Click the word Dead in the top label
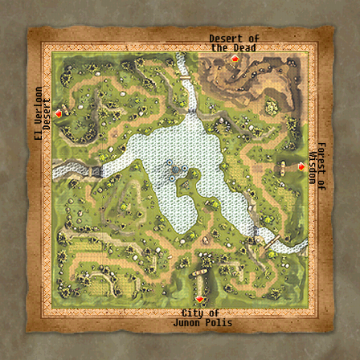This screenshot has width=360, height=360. click(244, 47)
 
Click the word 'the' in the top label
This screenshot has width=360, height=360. click(220, 47)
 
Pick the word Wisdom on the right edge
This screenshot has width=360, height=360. click(313, 165)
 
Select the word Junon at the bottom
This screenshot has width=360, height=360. click(187, 322)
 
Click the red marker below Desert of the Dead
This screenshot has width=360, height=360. click(235, 59)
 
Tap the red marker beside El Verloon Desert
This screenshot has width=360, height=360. click(58, 114)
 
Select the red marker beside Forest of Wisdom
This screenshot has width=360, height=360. click(301, 166)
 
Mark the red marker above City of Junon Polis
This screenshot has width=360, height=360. click(199, 299)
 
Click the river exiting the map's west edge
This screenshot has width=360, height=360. click(66, 170)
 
